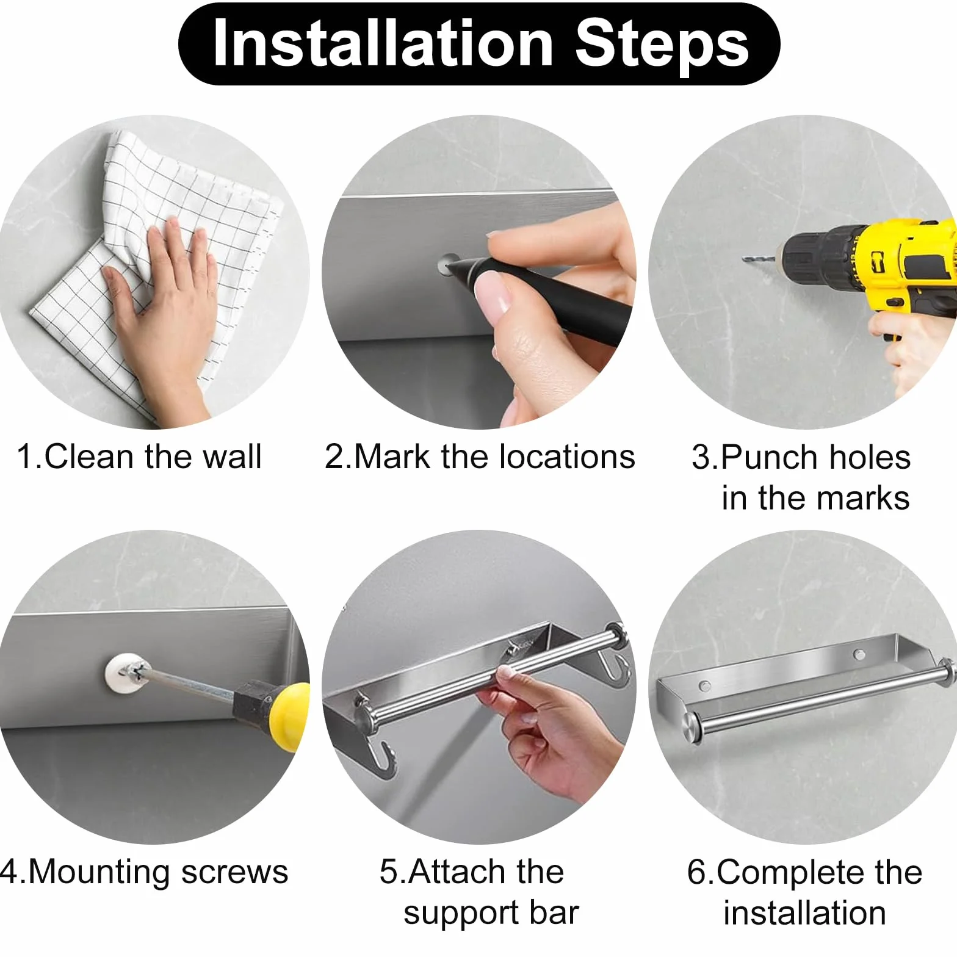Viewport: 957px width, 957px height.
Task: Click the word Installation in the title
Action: click(x=383, y=44)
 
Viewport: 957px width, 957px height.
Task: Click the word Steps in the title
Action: click(x=662, y=44)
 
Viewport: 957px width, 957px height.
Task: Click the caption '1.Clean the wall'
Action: click(x=139, y=457)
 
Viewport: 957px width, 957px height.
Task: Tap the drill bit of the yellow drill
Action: click(x=759, y=259)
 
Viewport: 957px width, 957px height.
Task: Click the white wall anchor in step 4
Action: click(x=125, y=676)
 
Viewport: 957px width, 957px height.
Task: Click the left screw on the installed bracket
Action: click(x=705, y=685)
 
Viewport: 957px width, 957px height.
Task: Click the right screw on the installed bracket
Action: click(x=859, y=655)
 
